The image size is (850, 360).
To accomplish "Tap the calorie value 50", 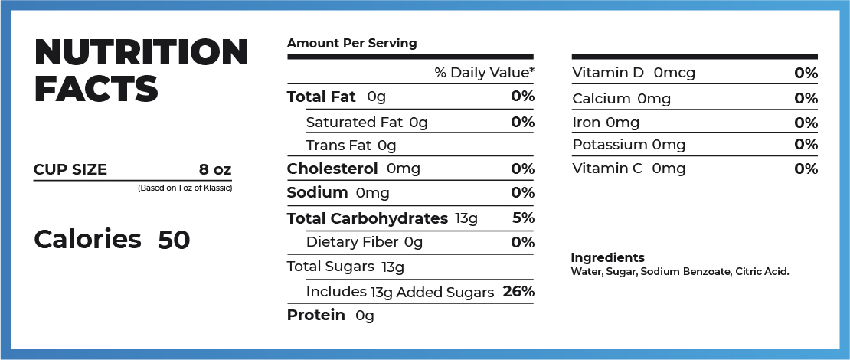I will click(x=174, y=240).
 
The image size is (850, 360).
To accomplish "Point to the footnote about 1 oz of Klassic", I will click(x=185, y=188).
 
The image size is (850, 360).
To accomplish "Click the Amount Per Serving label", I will click(x=351, y=43).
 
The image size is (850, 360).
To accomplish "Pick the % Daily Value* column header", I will click(x=484, y=73).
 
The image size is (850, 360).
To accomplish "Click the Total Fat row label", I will click(x=322, y=97).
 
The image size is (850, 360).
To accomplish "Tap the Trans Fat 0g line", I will click(x=350, y=145).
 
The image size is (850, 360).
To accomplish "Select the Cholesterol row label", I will click(x=332, y=169).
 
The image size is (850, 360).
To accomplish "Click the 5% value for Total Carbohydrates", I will click(x=523, y=218).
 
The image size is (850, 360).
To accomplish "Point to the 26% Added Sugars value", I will click(x=518, y=291).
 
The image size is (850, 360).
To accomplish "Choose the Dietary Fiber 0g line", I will click(x=364, y=242).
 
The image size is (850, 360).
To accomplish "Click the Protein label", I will click(x=315, y=315).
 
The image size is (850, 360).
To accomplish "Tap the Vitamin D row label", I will click(x=609, y=73).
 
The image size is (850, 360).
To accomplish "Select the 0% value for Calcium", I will click(x=806, y=98).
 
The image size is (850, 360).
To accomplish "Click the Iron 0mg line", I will click(x=606, y=122).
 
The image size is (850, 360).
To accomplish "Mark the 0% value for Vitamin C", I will click(x=806, y=169).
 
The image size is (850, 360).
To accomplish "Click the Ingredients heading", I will click(x=607, y=257).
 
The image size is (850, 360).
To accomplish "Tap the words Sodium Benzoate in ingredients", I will click(x=686, y=271).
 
